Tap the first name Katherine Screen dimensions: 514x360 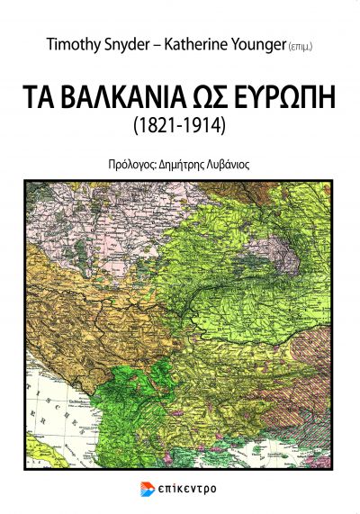pos(196,44)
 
